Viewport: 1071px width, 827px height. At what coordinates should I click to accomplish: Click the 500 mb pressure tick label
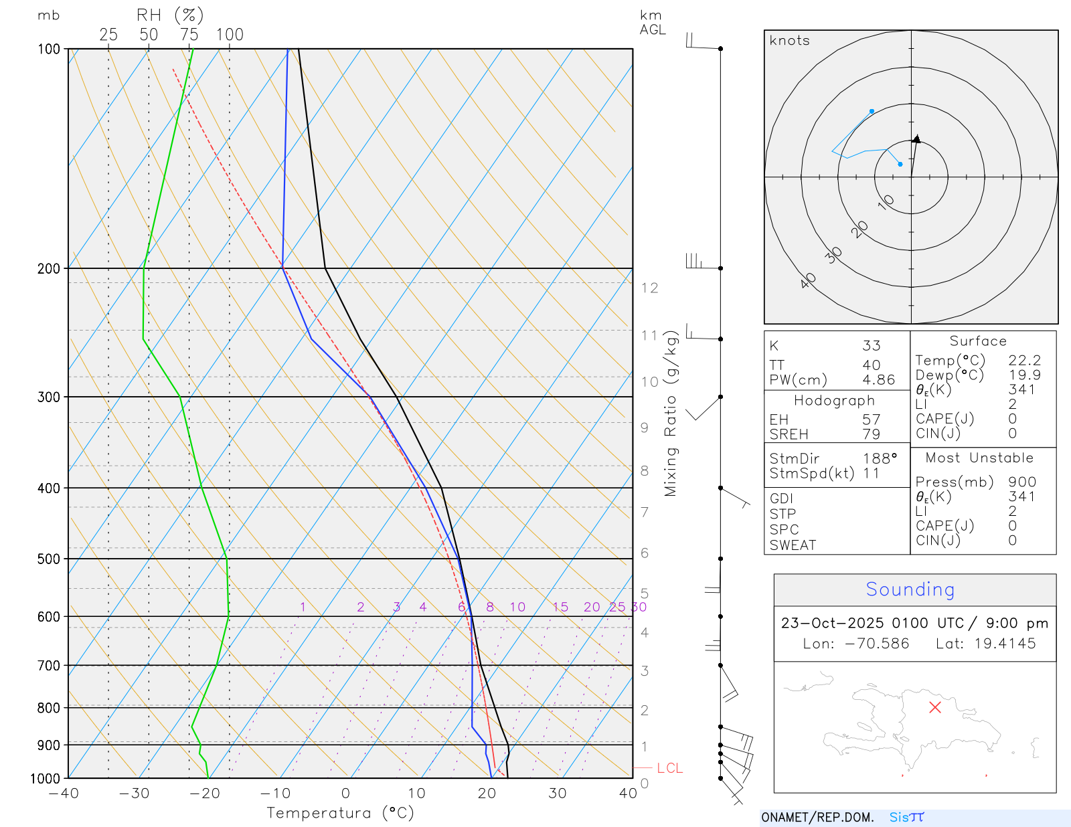point(49,559)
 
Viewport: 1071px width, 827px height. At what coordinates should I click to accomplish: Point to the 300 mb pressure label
point(49,397)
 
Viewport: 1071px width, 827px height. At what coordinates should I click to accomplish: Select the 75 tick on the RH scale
point(189,35)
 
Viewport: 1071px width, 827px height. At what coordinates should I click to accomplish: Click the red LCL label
point(669,768)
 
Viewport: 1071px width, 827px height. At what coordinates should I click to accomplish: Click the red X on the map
point(935,707)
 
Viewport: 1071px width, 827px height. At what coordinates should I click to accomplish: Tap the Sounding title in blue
point(910,589)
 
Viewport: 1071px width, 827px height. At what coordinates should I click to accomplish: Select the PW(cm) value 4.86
point(878,380)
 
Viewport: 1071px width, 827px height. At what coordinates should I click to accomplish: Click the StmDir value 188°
point(880,459)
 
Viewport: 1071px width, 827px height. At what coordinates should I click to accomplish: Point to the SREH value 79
point(871,434)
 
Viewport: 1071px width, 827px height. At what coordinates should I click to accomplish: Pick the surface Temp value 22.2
point(1024,361)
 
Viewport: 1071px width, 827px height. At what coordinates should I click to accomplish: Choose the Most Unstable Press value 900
point(1021,482)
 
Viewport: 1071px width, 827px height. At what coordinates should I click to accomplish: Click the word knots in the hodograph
point(789,41)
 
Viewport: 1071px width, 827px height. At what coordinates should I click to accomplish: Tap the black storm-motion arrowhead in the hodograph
point(916,139)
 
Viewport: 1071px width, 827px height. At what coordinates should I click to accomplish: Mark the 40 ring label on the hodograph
point(809,280)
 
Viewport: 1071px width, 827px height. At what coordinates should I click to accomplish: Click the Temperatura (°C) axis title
point(340,813)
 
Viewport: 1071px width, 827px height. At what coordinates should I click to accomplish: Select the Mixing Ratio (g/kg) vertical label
point(671,413)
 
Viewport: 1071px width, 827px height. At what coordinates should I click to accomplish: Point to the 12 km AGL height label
point(649,288)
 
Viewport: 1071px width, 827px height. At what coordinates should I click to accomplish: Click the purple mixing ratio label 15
point(560,607)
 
